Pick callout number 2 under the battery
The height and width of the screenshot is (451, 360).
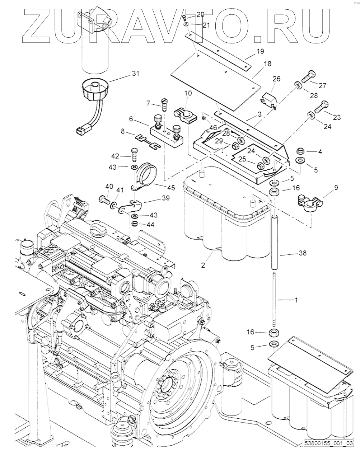pos(203,266)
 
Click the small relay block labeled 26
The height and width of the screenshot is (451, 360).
pos(269,99)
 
